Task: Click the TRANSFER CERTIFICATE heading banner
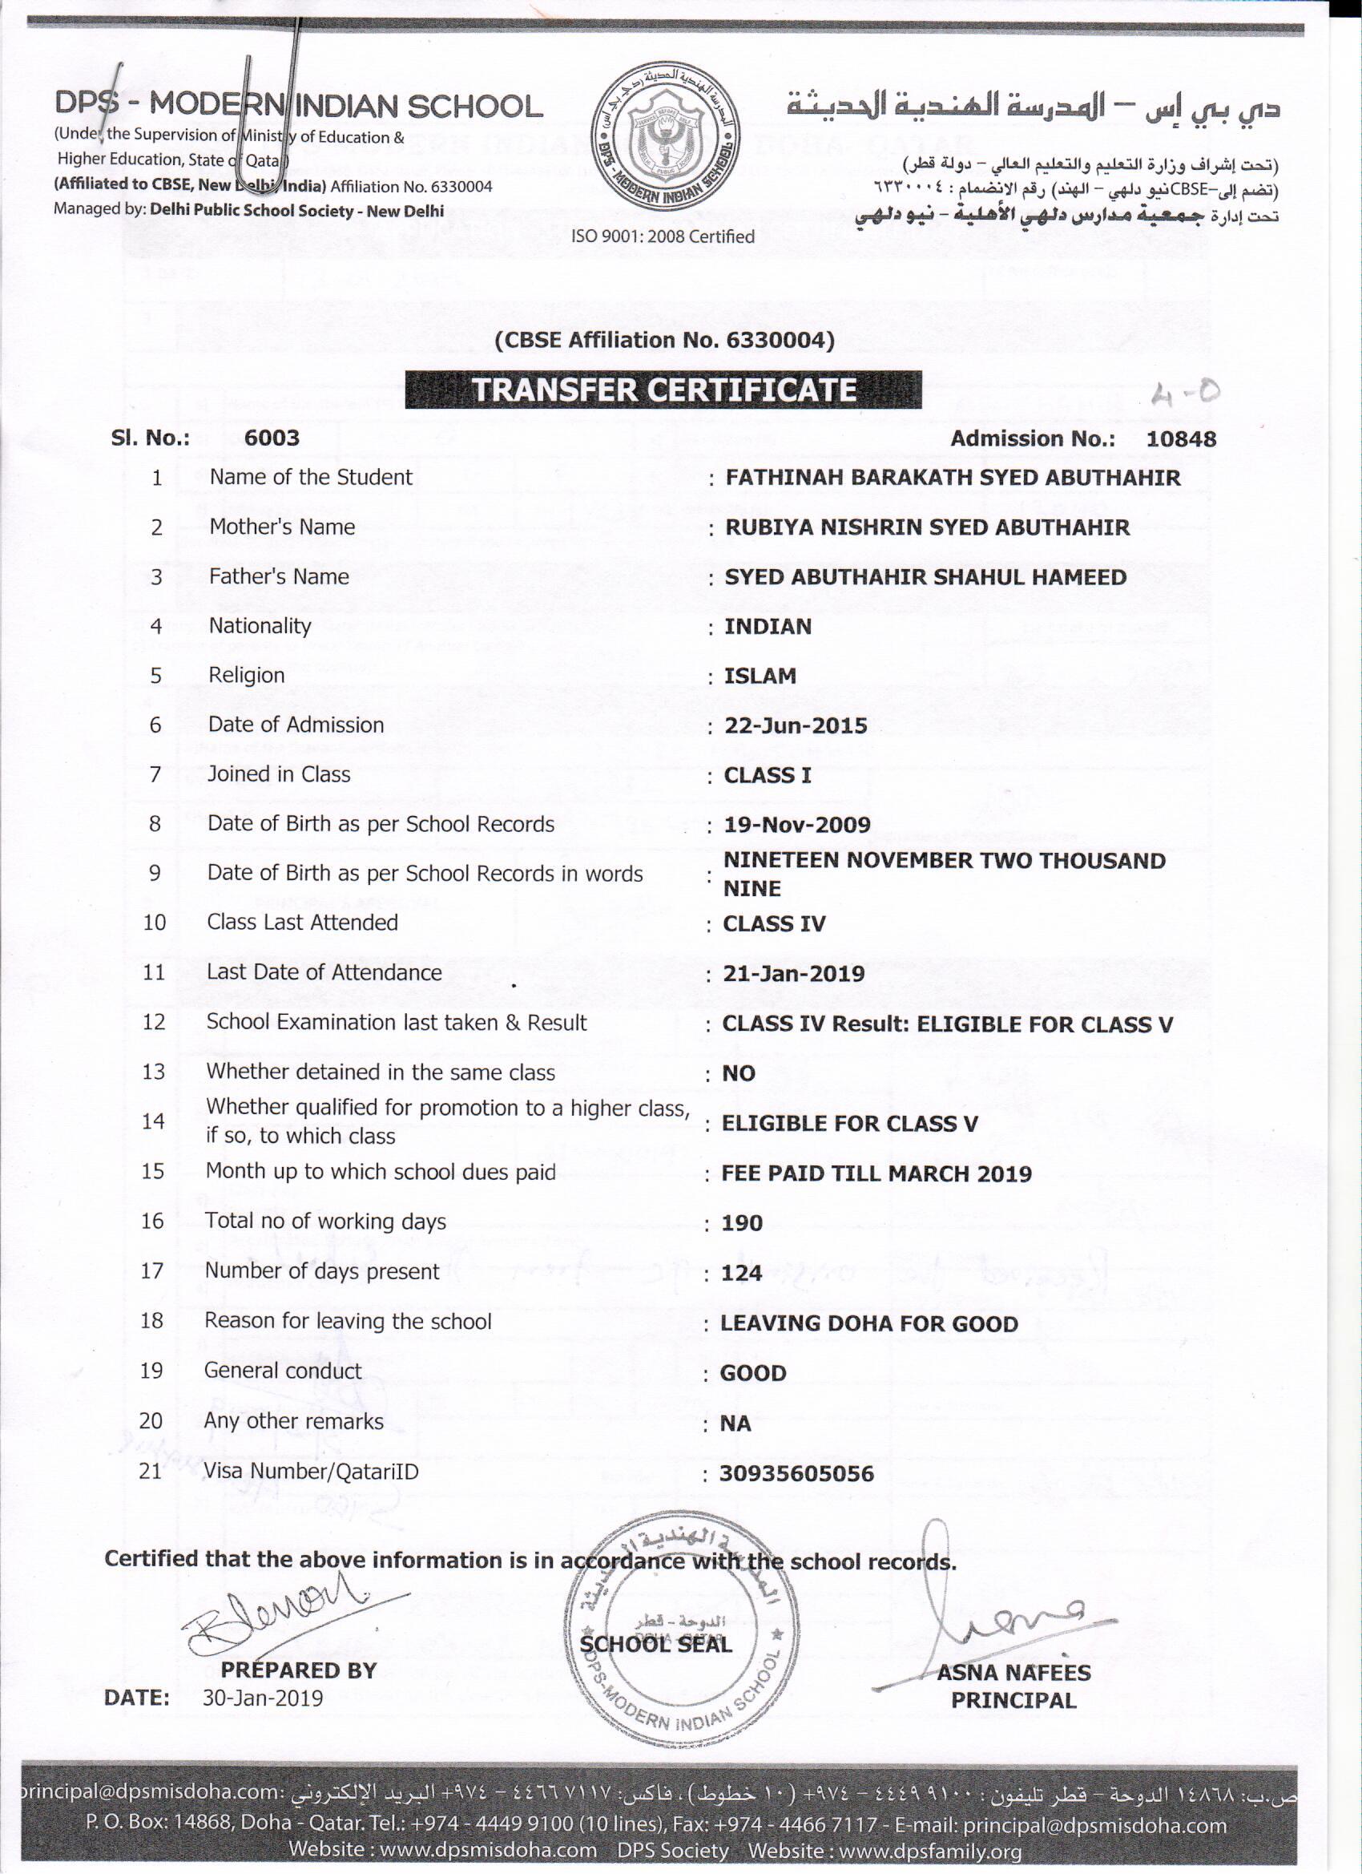tap(663, 390)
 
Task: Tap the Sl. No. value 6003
tap(272, 438)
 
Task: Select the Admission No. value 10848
tap(1180, 438)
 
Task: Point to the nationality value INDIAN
tap(768, 626)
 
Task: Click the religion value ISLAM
tap(760, 676)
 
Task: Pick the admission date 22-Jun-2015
tap(796, 725)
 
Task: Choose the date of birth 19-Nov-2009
tap(797, 825)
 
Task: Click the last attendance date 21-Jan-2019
tap(794, 973)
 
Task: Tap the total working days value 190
tap(742, 1223)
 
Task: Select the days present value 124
tap(741, 1273)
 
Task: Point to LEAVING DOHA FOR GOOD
tap(869, 1323)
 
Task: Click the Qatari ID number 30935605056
tap(796, 1473)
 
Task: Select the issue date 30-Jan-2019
tap(263, 1698)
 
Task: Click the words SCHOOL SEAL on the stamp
tap(656, 1644)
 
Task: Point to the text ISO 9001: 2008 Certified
tap(663, 236)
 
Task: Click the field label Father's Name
tap(278, 576)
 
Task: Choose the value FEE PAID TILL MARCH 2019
tap(876, 1173)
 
